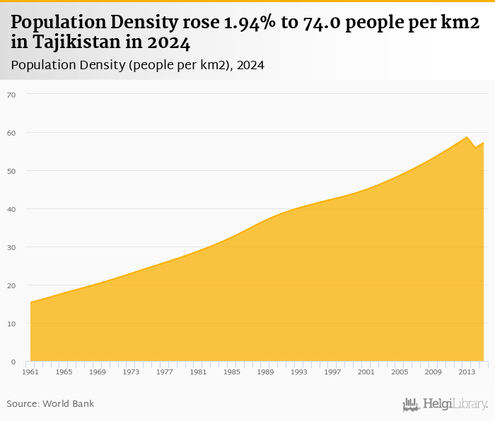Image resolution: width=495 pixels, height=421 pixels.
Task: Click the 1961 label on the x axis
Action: click(x=30, y=372)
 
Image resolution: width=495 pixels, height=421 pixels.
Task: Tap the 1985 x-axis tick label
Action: click(x=232, y=372)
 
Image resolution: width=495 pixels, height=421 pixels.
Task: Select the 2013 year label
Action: click(x=467, y=372)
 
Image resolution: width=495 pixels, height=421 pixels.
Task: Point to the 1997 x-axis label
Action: click(x=332, y=372)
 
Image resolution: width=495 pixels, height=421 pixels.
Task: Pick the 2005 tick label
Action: click(x=400, y=372)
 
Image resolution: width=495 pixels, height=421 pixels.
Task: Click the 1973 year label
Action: click(x=131, y=372)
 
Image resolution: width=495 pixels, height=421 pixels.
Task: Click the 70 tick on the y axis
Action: click(x=11, y=94)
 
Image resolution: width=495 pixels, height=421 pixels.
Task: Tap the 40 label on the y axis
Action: click(x=11, y=209)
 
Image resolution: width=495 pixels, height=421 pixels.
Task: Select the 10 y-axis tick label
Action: click(x=11, y=324)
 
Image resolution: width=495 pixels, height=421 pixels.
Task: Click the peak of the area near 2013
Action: click(x=467, y=137)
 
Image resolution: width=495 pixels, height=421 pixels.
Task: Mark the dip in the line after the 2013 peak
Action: click(x=475, y=147)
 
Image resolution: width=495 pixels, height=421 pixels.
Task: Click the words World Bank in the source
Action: click(x=68, y=404)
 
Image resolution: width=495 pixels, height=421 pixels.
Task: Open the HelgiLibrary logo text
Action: click(x=455, y=405)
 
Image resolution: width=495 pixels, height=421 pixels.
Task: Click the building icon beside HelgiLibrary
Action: click(x=411, y=405)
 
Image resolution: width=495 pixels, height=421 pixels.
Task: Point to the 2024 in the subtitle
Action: click(x=250, y=66)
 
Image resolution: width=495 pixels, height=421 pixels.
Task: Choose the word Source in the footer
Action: click(x=22, y=404)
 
